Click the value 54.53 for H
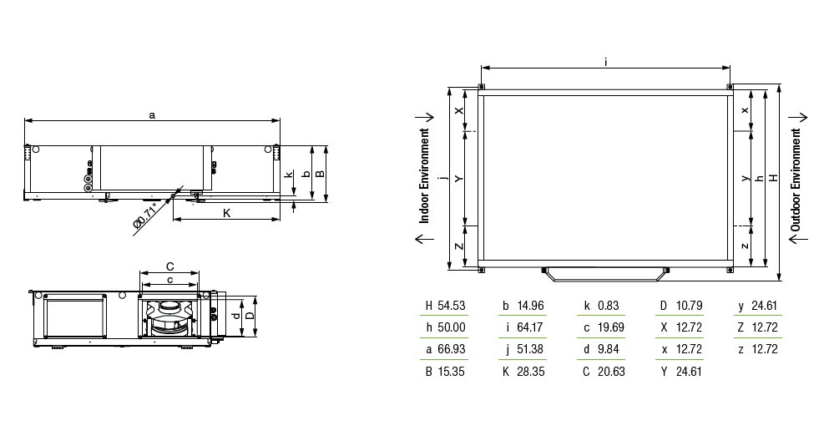(452, 306)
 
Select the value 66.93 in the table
(452, 349)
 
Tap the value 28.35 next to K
(530, 372)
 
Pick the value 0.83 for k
(609, 306)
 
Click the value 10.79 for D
(689, 306)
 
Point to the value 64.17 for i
(530, 327)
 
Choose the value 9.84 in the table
(609, 349)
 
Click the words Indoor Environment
(425, 176)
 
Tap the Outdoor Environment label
(796, 180)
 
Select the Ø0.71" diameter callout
(145, 215)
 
